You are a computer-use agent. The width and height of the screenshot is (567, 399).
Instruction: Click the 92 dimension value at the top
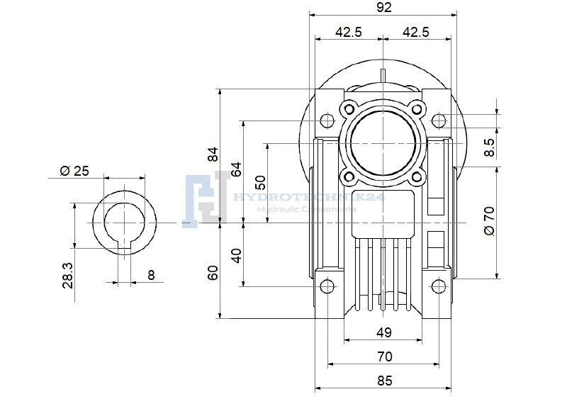coord(383,7)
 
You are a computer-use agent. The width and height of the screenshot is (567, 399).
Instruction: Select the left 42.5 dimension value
coord(349,32)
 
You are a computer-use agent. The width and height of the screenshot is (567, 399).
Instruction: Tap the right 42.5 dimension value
coord(416,32)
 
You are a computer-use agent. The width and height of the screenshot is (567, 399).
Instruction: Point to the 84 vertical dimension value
coord(213,154)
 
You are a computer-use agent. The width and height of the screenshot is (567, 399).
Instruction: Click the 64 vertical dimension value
coord(237,169)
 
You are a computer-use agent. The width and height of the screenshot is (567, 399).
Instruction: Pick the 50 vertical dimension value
coord(260,183)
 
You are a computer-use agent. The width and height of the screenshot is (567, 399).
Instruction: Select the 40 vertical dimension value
coord(237,256)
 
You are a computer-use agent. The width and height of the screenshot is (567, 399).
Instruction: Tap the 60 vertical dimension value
coord(213,273)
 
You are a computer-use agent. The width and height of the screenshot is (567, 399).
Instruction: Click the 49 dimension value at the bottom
coord(383,332)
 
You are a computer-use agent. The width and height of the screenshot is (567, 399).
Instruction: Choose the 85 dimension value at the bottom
coord(384,381)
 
